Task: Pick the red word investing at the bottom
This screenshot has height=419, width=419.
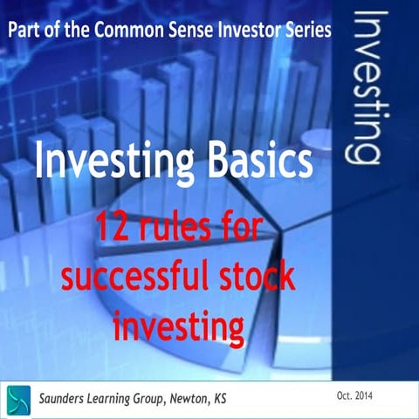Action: tap(178, 326)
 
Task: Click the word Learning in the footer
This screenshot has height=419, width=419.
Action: tap(133, 398)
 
